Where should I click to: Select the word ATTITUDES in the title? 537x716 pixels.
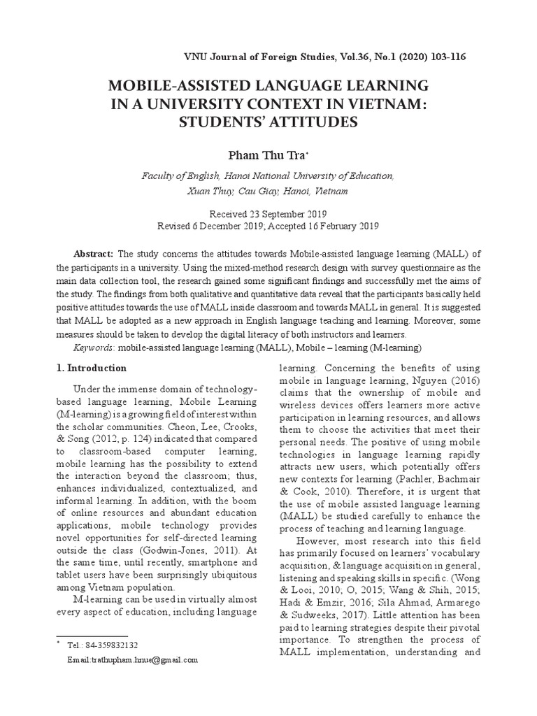[x=308, y=122]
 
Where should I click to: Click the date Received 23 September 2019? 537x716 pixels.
[x=268, y=214]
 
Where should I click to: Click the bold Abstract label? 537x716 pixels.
[x=94, y=252]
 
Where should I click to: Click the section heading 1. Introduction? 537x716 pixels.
[x=91, y=368]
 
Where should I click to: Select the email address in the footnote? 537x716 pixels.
[x=133, y=659]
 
